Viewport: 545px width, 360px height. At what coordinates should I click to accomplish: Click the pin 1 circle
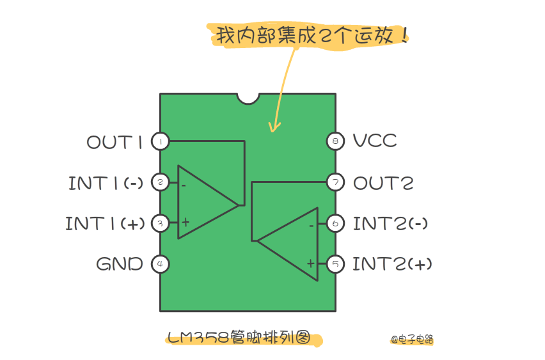tap(160, 141)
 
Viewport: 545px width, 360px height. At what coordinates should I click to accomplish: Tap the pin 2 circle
tap(160, 183)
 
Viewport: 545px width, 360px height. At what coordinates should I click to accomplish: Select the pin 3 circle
tap(160, 223)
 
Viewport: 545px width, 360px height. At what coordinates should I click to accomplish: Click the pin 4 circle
tap(160, 263)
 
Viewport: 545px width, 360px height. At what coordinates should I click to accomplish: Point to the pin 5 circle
tap(335, 263)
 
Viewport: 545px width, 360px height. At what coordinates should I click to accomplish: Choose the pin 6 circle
tap(335, 223)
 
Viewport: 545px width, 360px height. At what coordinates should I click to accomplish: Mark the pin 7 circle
tap(335, 183)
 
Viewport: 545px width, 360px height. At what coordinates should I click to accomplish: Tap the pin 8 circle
tap(335, 141)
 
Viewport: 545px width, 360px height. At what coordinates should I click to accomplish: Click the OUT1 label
tap(115, 141)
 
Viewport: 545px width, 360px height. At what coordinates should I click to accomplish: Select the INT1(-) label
tap(106, 183)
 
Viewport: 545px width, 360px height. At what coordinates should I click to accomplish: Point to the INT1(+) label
tap(104, 223)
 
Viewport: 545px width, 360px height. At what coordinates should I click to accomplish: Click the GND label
tap(120, 263)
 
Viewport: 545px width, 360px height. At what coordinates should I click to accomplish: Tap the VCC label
tap(375, 141)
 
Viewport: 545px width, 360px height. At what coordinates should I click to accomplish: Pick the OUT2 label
tap(383, 183)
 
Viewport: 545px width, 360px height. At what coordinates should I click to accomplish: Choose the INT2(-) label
tap(390, 223)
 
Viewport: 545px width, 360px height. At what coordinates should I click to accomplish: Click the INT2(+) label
tap(391, 263)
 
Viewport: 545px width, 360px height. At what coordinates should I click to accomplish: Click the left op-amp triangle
tap(201, 203)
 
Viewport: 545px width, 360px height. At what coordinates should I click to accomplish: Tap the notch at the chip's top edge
tap(248, 98)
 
